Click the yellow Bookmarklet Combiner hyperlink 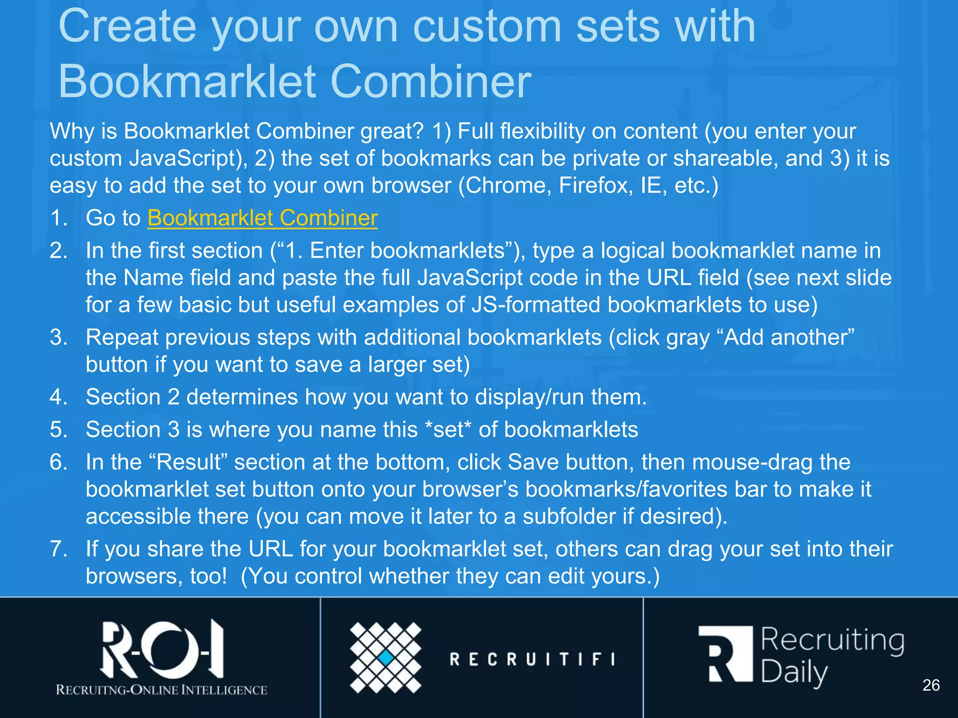click(x=262, y=218)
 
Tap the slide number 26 click(x=930, y=685)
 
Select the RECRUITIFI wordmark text click(x=532, y=659)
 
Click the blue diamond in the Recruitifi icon click(x=386, y=658)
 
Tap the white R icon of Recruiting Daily click(x=725, y=654)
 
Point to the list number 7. click(x=58, y=549)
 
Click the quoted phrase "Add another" click(x=789, y=337)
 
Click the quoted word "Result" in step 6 click(x=189, y=462)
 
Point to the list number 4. click(x=58, y=397)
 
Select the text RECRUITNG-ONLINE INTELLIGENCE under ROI click(x=161, y=690)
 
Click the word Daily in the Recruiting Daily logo click(x=794, y=673)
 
